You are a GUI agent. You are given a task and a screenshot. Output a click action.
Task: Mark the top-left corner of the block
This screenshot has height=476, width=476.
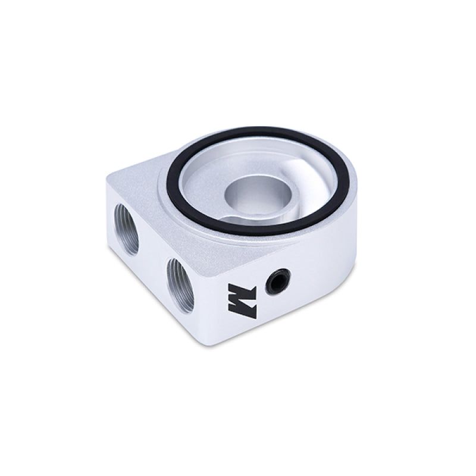109,177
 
